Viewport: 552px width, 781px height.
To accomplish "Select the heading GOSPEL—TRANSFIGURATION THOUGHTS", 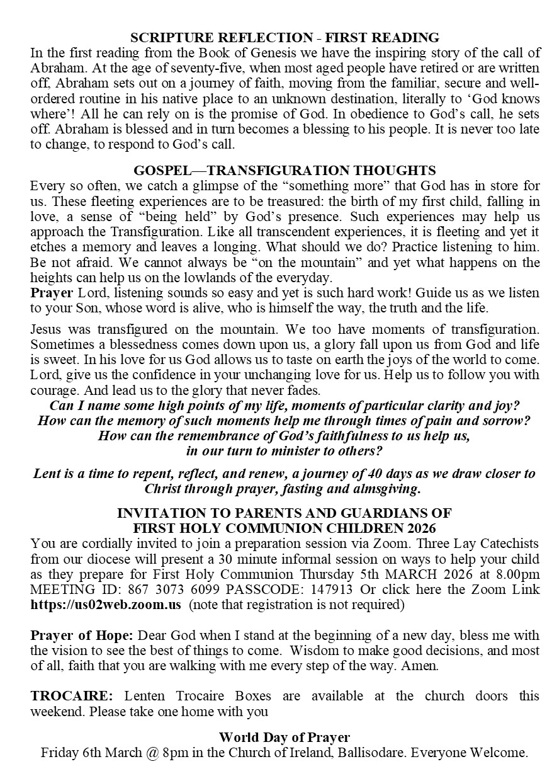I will (x=284, y=171).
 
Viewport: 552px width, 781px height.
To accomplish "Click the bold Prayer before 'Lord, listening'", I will (x=52, y=293).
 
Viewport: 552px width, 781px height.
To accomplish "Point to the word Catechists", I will (x=507, y=544).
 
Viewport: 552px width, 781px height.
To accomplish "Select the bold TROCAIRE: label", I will (x=72, y=696).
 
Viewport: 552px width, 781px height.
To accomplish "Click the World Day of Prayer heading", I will (x=284, y=738).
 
